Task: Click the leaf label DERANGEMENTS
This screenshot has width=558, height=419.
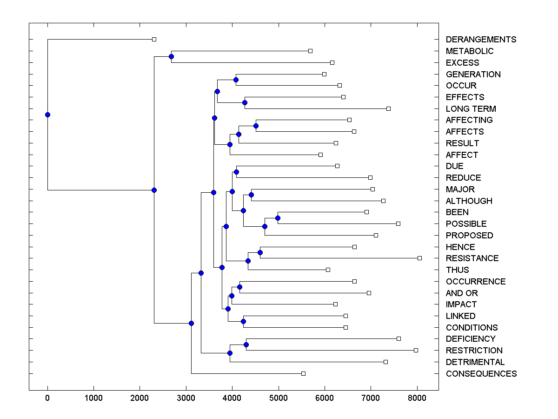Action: point(481,40)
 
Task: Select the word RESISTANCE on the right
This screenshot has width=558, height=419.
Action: point(472,258)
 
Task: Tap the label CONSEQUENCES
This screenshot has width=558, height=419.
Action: point(481,374)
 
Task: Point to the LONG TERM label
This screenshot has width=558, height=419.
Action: point(471,109)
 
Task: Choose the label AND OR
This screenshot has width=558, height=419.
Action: point(462,293)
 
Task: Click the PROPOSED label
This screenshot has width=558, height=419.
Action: point(469,236)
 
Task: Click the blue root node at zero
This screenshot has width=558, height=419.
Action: point(47,115)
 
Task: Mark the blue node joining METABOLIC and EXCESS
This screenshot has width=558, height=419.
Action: point(171,57)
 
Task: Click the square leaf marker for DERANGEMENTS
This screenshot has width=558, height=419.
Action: point(154,40)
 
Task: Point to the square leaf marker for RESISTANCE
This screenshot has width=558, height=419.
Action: point(419,258)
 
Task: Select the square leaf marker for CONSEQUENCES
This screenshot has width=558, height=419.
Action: point(303,373)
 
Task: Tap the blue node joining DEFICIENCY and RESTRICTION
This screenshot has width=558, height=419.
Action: point(246,345)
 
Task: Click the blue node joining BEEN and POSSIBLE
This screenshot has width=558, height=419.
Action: point(278,218)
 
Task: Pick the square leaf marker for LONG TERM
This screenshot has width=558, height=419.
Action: point(388,108)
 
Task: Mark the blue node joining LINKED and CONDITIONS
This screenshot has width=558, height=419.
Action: point(243,321)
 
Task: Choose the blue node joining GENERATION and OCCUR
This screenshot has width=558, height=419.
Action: point(236,80)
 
